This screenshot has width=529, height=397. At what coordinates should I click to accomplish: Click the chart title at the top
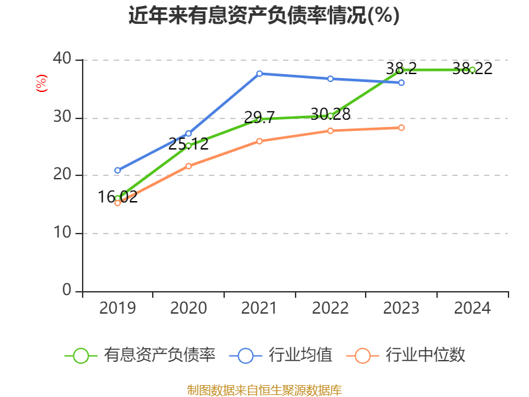[x=264, y=15]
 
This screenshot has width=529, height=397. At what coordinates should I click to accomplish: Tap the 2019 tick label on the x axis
[x=118, y=308]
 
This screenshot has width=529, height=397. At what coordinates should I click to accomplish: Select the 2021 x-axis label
[x=259, y=308]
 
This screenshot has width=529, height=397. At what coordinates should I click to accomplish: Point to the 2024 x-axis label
[x=472, y=308]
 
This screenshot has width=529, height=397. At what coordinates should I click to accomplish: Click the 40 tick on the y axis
[x=63, y=60]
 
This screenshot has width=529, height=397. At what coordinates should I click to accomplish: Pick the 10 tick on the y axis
[x=63, y=234]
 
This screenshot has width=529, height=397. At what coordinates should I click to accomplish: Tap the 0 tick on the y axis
[x=67, y=291]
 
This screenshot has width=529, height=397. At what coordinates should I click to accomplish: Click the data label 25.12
[x=188, y=144]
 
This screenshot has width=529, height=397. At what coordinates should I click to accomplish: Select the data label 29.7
[x=259, y=118]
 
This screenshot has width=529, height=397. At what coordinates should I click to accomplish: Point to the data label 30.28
[x=330, y=114]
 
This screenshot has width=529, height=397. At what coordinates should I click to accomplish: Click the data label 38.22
[x=472, y=68]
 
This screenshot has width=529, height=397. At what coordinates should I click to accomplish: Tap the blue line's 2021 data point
[x=259, y=73]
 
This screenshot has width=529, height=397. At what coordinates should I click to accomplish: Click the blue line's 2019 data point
[x=118, y=171]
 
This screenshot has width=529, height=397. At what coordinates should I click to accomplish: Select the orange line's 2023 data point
[x=401, y=128]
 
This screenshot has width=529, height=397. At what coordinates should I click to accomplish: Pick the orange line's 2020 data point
[x=188, y=166]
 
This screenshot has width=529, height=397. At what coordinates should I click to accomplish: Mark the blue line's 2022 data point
[x=331, y=79]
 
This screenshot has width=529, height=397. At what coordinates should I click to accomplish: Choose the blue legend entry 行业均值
[x=285, y=355]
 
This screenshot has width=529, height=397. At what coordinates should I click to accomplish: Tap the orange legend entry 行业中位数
[x=409, y=355]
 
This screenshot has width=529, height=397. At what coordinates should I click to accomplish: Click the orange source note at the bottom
[x=264, y=390]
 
